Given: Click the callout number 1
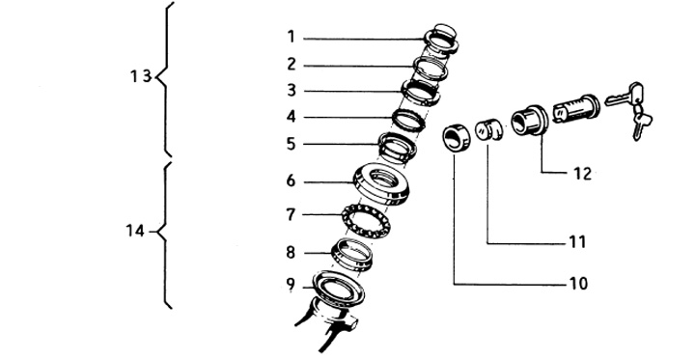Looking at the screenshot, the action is (291, 37).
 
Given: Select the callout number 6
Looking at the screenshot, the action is (291, 180).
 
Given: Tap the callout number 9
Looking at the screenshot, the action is (291, 285).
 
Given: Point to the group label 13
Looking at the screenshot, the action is (141, 76).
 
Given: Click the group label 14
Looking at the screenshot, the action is (135, 231).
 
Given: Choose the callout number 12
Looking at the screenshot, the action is (582, 174).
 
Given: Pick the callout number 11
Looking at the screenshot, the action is (577, 242).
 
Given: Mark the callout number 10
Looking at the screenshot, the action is (577, 284).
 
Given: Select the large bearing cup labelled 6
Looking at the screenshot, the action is (380, 184).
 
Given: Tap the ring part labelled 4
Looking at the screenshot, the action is (408, 120).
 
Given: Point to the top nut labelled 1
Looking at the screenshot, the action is (440, 41).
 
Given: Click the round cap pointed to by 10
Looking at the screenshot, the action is (456, 138).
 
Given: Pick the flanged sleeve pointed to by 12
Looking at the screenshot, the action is (530, 120).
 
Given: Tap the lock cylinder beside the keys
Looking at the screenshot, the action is (576, 109).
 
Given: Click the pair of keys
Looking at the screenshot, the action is (629, 110).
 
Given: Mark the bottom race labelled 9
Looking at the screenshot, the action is (338, 289).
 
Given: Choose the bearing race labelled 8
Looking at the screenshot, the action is (352, 254).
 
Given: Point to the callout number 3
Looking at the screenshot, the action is (291, 90).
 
